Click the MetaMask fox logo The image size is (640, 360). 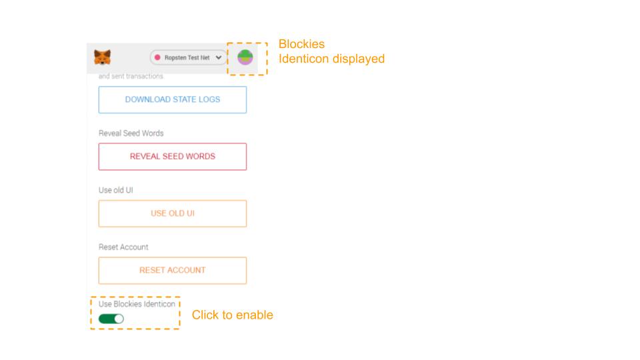pyautogui.click(x=103, y=57)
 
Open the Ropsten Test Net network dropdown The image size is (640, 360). pyautogui.click(x=189, y=58)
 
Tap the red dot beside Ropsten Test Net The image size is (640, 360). pyautogui.click(x=158, y=58)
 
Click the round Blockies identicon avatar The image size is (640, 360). pyautogui.click(x=245, y=58)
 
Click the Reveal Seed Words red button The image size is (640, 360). pyautogui.click(x=173, y=157)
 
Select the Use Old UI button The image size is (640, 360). pyautogui.click(x=173, y=213)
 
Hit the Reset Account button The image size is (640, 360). pyautogui.click(x=173, y=270)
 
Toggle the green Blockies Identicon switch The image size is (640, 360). pyautogui.click(x=111, y=319)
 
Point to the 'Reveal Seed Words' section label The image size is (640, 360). pyautogui.click(x=131, y=133)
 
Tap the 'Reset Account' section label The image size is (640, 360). pyautogui.click(x=123, y=247)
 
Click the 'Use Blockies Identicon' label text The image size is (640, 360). pyautogui.click(x=137, y=304)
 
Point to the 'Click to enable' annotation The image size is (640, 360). pyautogui.click(x=232, y=315)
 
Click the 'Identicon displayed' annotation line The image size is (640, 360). pyautogui.click(x=331, y=59)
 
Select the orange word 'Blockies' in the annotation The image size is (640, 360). pyautogui.click(x=301, y=45)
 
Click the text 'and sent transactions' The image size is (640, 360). pyautogui.click(x=131, y=77)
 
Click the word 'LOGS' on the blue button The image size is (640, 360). pyautogui.click(x=207, y=100)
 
